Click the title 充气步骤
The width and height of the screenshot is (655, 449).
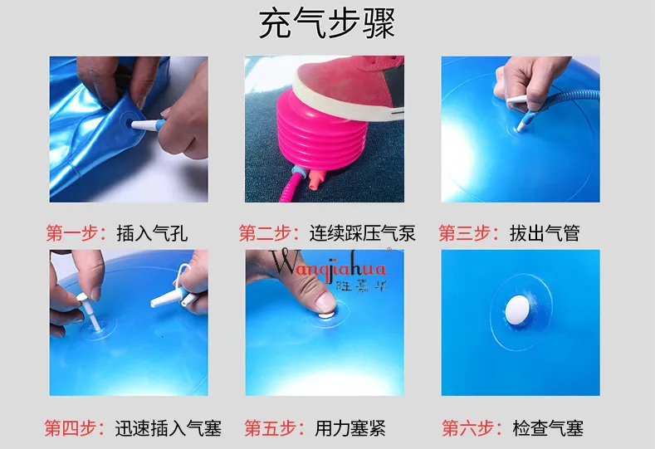[326, 23]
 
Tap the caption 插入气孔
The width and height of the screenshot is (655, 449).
[152, 233]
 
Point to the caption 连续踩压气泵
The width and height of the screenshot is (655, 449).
[363, 233]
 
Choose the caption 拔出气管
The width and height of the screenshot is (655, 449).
[545, 233]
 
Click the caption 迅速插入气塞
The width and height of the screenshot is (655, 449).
[169, 428]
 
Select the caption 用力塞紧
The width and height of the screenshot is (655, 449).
[350, 428]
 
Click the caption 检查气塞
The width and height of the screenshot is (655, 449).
[548, 428]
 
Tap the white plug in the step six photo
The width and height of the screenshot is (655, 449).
[517, 310]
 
